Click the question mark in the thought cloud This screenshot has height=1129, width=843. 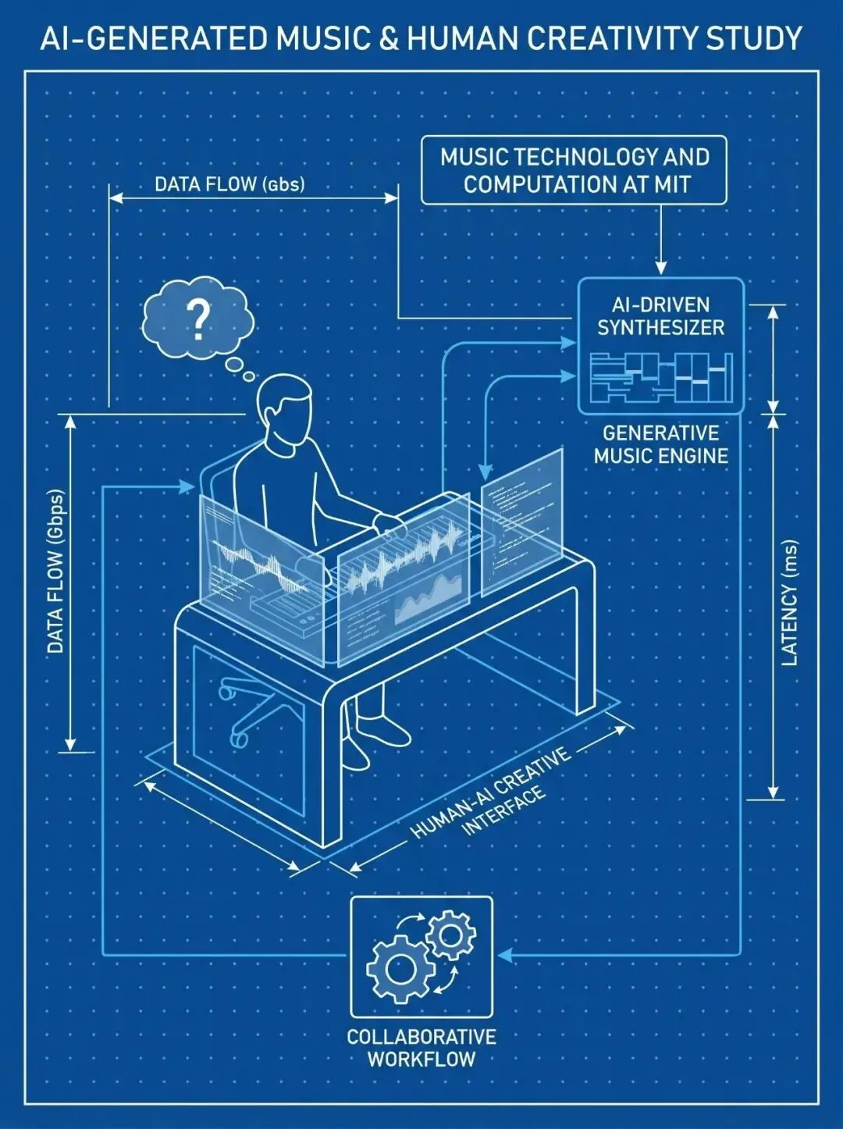point(199,319)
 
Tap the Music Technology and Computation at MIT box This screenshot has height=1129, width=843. point(574,170)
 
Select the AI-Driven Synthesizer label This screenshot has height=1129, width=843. point(660,316)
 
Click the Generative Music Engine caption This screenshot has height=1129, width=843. point(660,444)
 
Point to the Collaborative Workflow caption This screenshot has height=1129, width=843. point(421,1048)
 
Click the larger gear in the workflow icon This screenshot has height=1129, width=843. point(399,969)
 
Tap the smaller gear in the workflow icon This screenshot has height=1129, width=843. point(450,935)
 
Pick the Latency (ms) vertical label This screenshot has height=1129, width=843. point(790,603)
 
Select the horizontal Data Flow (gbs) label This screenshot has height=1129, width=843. point(229,184)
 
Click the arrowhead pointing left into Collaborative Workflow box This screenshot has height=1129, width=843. point(504,954)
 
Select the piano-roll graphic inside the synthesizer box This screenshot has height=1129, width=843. point(660,379)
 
